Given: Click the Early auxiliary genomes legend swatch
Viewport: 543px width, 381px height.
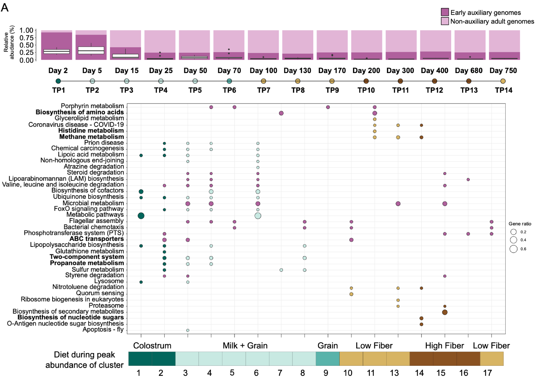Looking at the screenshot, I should pos(445,12).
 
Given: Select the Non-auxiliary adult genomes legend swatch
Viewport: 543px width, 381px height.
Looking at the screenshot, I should pos(445,21).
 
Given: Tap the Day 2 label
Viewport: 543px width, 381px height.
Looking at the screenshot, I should pos(58,71).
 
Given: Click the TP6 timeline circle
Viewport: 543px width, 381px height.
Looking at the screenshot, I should pos(229,81).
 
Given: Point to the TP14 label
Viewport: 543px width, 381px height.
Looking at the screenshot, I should pos(503,90).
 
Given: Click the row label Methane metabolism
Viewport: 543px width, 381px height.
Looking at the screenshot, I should pos(91,137).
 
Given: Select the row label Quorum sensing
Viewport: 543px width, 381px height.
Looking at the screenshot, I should pos(100,293).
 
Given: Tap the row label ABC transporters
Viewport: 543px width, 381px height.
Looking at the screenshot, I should pos(97,239).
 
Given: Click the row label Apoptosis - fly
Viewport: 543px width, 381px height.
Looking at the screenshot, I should pos(103,329).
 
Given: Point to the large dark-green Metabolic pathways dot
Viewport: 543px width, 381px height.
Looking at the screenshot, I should pos(141,216).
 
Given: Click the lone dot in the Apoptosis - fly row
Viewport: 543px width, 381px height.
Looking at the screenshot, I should pos(188,330).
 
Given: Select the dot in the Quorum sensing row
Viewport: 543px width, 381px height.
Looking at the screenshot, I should pos(351,294).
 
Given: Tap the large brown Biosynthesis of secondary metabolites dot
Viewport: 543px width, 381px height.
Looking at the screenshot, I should pos(445,312).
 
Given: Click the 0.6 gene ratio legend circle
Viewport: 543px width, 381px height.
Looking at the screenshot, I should pos(513,249).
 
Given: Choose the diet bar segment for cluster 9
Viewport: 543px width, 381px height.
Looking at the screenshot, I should pos(328,358).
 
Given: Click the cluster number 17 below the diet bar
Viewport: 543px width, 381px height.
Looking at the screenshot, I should pos(487,373).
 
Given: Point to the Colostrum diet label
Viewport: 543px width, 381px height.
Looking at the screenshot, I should pos(152,346).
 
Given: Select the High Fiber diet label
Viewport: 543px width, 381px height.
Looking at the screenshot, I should pos(444,346).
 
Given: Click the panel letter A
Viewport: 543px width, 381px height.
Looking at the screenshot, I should pos(5,8).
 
